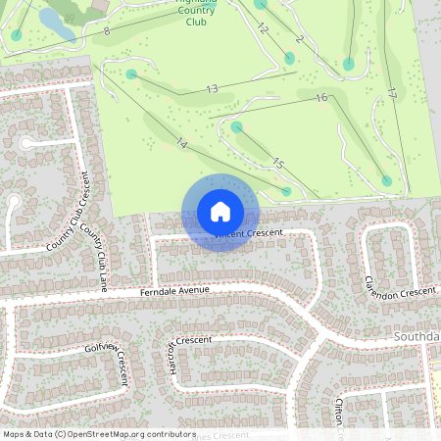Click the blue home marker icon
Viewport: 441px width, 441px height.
(220, 212)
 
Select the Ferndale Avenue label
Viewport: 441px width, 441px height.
(176, 291)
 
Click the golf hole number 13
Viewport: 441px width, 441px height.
(212, 89)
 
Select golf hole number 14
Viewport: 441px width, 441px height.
(181, 143)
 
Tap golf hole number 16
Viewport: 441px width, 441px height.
(320, 98)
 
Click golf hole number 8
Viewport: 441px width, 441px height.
(106, 31)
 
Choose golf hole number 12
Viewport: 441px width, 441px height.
(263, 28)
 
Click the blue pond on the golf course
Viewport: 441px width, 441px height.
(56, 26)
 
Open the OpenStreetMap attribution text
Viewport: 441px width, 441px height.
(99, 433)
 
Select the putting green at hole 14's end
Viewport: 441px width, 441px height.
(286, 191)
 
